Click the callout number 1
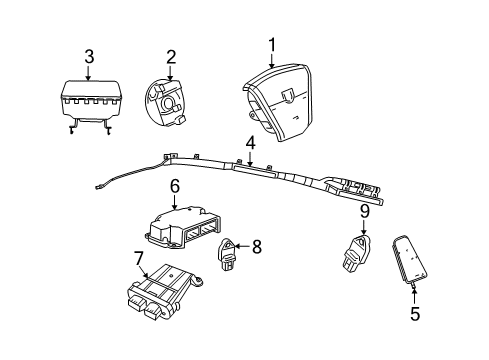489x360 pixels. click(271, 45)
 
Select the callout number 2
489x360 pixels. click(170, 57)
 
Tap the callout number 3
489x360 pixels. click(89, 57)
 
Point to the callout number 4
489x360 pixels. click(249, 146)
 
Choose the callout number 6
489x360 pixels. click(174, 186)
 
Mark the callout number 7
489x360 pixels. click(140, 259)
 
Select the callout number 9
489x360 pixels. click(364, 211)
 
